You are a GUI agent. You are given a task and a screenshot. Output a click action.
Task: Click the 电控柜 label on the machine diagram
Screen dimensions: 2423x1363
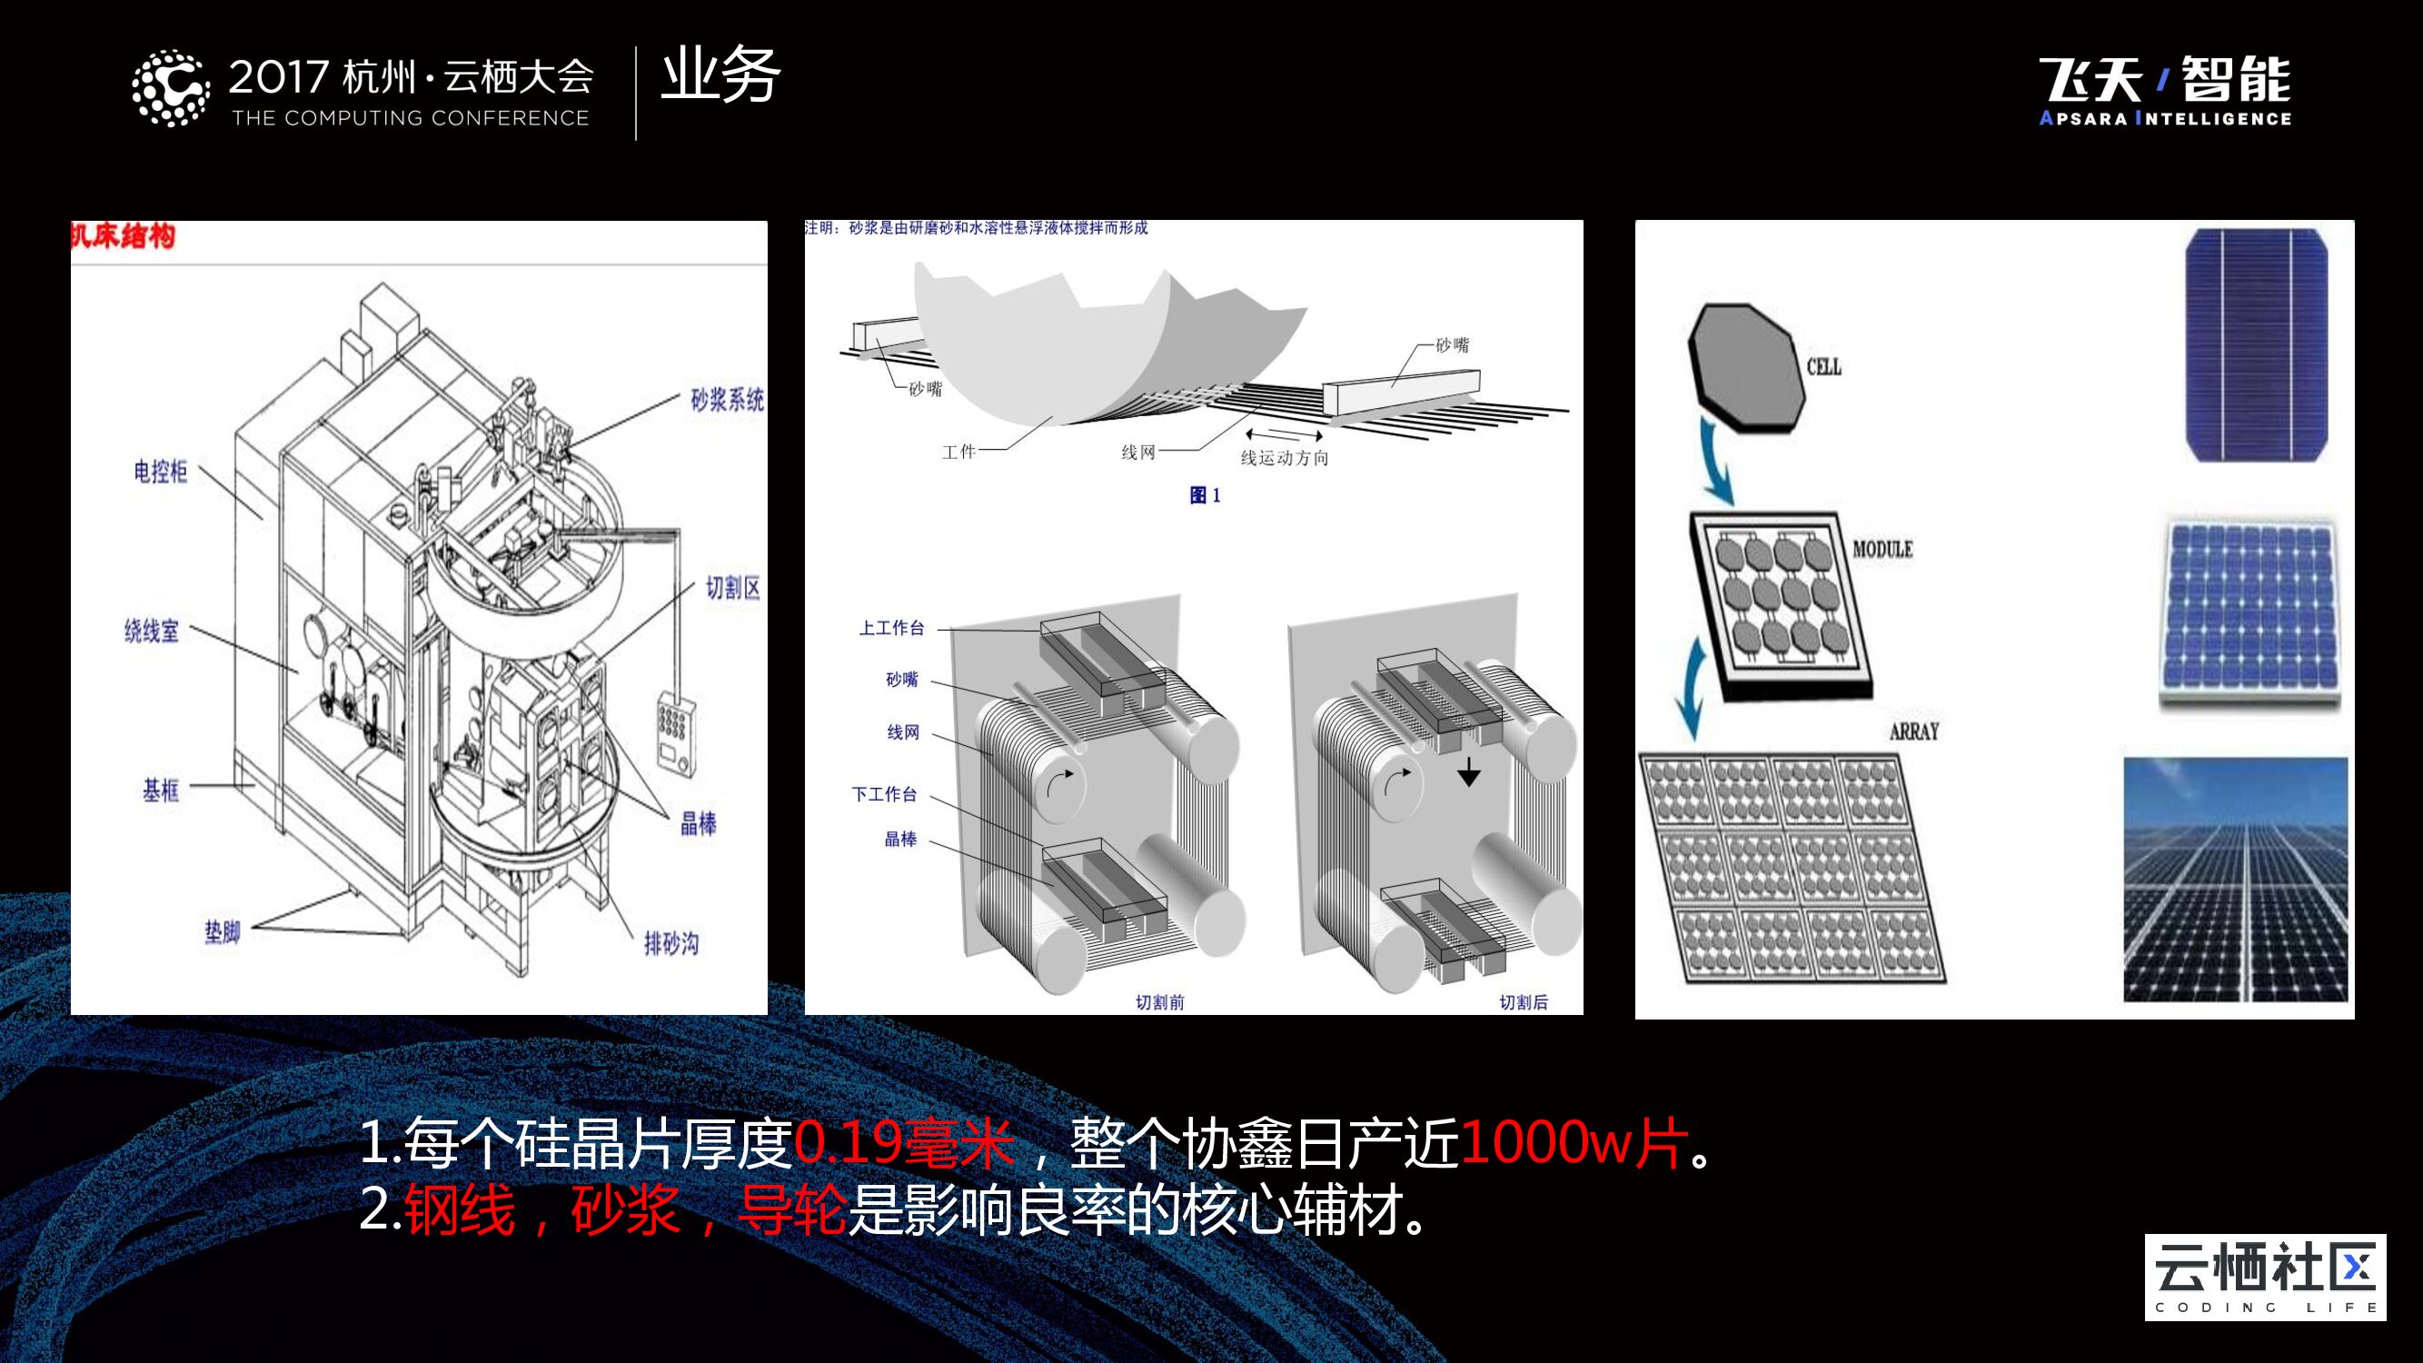click(160, 472)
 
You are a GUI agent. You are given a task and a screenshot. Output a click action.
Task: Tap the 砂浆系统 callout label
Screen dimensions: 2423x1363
click(727, 401)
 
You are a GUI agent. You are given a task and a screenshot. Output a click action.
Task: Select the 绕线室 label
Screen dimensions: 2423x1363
click(152, 632)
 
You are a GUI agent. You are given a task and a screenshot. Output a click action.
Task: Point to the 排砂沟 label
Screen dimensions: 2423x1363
click(670, 943)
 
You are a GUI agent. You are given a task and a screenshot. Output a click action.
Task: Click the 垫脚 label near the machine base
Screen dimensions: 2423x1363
click(223, 932)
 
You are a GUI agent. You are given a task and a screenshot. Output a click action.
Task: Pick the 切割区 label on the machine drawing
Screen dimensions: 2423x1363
click(733, 589)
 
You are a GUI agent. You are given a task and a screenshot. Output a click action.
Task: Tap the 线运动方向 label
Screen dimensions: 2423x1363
click(1284, 458)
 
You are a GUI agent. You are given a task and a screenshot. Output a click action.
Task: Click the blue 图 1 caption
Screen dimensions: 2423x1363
click(1205, 496)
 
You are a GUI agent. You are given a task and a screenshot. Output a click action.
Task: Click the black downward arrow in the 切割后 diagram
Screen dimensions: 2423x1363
click(1468, 773)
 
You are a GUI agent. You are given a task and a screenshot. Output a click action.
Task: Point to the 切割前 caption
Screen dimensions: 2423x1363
click(1160, 1003)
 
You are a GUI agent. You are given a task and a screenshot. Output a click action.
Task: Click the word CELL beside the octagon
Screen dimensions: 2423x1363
click(1823, 367)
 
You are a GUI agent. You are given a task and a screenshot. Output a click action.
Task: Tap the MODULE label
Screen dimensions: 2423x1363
click(1882, 550)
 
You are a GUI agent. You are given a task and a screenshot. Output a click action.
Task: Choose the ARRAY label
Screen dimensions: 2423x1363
click(1914, 731)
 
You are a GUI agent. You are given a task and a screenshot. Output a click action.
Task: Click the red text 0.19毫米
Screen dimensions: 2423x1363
click(903, 1143)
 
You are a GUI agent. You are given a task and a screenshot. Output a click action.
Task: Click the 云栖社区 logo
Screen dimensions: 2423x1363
click(2265, 1277)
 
